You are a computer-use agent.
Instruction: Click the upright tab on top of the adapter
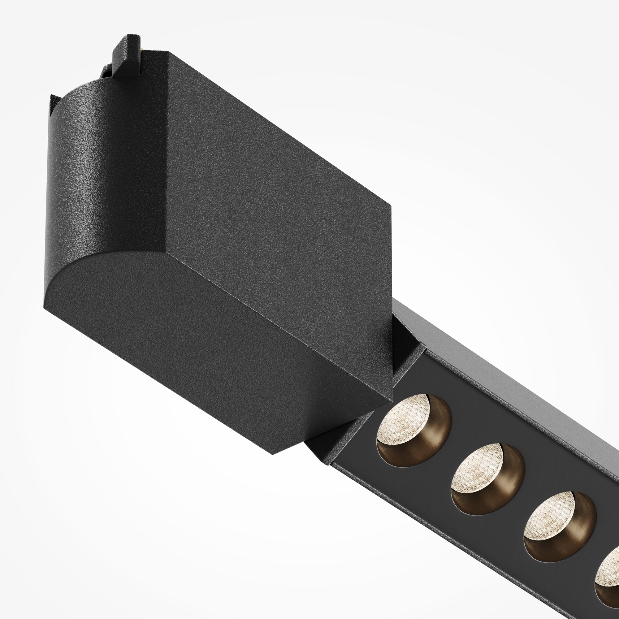[127, 53]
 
